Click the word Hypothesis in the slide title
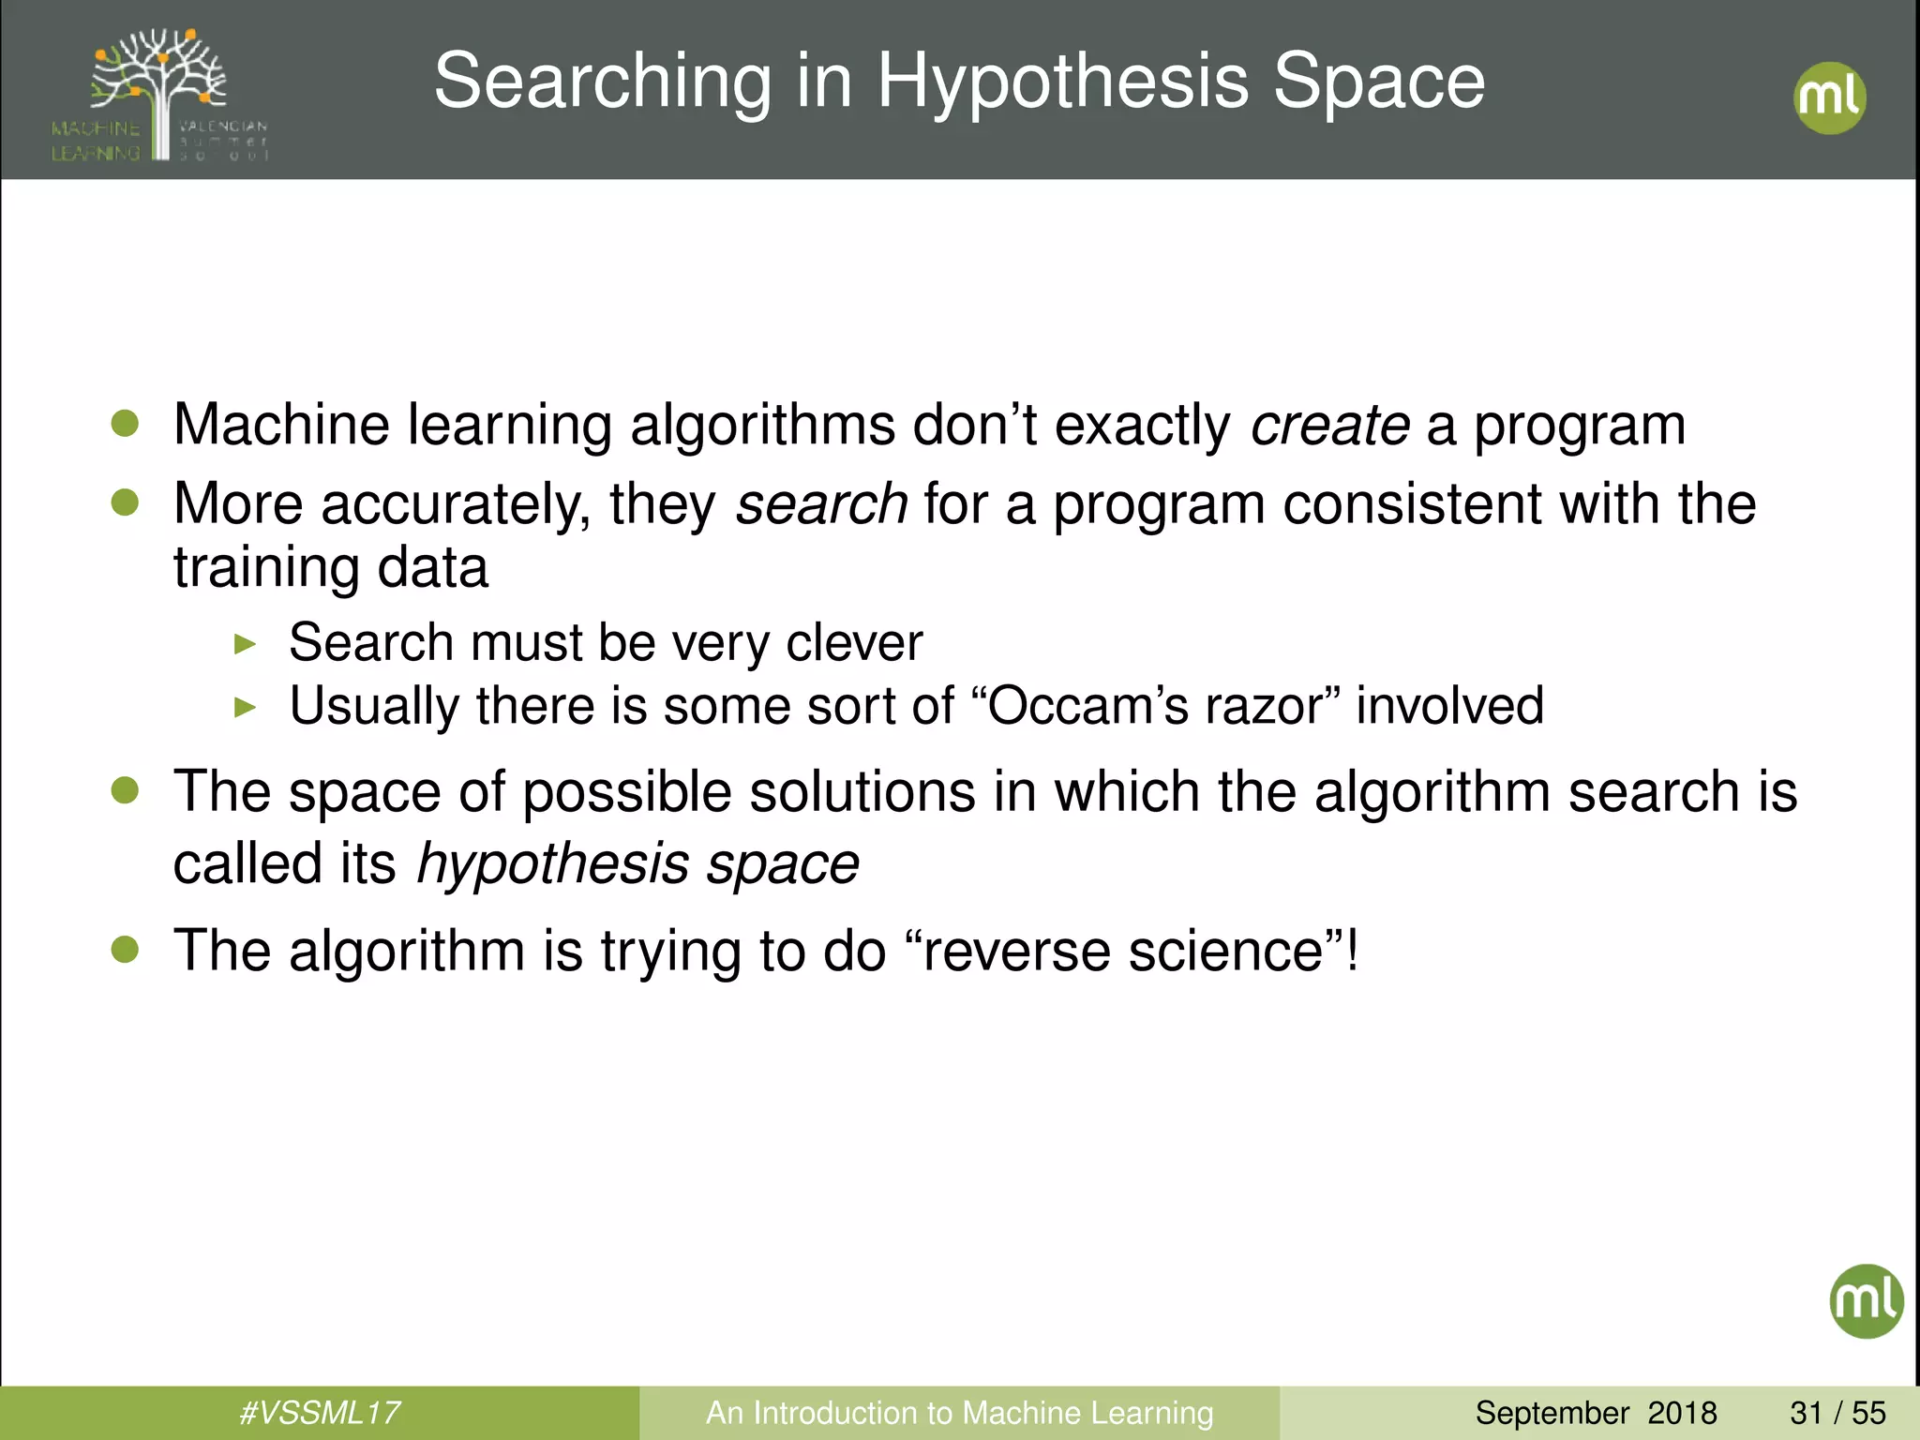(x=1063, y=82)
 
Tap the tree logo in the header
(x=160, y=94)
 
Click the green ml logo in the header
(x=1829, y=98)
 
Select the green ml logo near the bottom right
(x=1866, y=1301)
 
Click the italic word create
(x=1329, y=426)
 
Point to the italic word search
(x=821, y=504)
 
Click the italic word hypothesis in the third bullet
(x=552, y=863)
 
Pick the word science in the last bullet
(x=1224, y=951)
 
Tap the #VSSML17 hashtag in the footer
(x=320, y=1413)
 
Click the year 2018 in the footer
(x=1682, y=1413)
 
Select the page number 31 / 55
(x=1837, y=1413)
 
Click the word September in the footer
(x=1552, y=1413)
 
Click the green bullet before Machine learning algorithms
(x=125, y=424)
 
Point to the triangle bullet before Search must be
(x=245, y=644)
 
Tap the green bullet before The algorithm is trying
(x=125, y=950)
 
